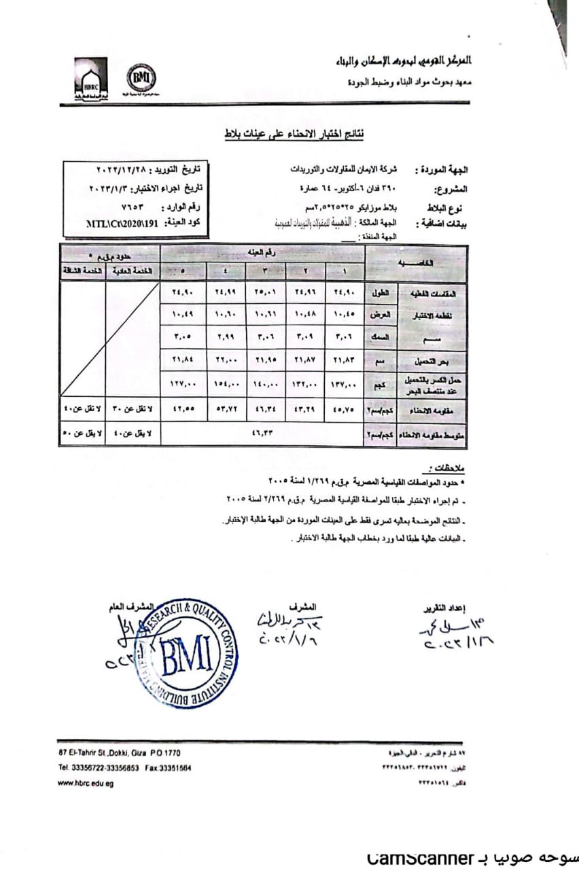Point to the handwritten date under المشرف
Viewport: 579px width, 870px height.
coord(285,639)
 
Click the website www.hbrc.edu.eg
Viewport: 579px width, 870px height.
coord(86,783)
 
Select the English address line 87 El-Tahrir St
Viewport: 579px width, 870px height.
coord(120,753)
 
